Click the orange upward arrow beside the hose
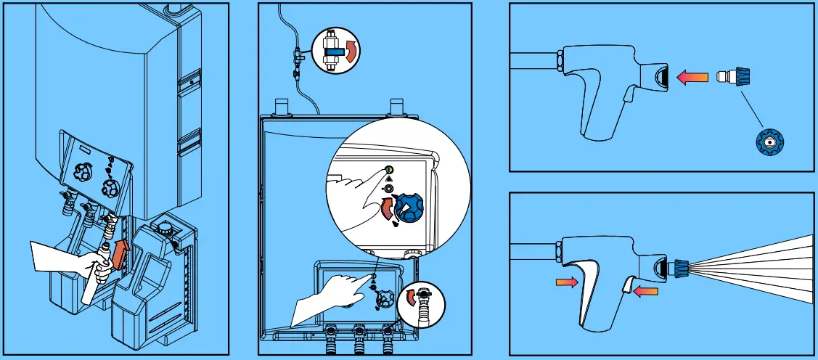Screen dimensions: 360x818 click(122, 251)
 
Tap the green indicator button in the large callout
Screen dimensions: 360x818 click(389, 169)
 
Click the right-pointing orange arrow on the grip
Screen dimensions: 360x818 click(568, 282)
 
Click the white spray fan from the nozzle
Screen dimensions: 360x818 click(762, 269)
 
